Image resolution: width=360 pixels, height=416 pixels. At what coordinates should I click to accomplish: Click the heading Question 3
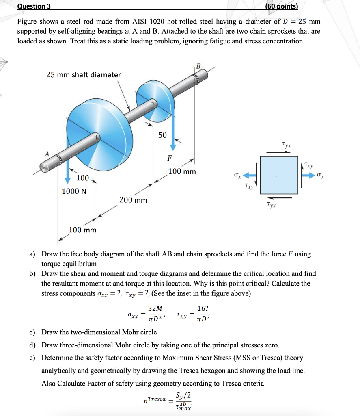click(x=31, y=6)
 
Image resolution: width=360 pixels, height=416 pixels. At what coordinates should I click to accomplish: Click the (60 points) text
click(x=281, y=6)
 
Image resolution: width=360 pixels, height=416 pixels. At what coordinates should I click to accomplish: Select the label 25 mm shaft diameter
click(x=83, y=75)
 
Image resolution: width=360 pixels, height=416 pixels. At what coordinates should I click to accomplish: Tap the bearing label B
click(x=198, y=66)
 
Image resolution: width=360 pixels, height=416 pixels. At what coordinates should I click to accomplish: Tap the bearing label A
click(x=47, y=154)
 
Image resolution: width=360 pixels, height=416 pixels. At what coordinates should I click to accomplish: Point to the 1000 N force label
click(x=74, y=191)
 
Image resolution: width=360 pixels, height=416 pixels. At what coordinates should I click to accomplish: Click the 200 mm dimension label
click(x=133, y=200)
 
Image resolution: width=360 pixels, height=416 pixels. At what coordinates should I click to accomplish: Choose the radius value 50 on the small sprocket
click(x=162, y=135)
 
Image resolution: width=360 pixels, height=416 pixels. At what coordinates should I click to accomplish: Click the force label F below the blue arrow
click(x=169, y=158)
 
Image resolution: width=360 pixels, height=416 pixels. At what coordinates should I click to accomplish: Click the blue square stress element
click(x=279, y=175)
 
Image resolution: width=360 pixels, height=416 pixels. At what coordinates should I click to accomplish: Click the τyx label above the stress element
click(x=286, y=145)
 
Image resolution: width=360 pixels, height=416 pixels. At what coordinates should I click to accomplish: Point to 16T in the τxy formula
click(x=203, y=309)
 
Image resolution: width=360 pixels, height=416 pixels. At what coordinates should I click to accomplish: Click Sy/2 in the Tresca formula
click(x=183, y=395)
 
